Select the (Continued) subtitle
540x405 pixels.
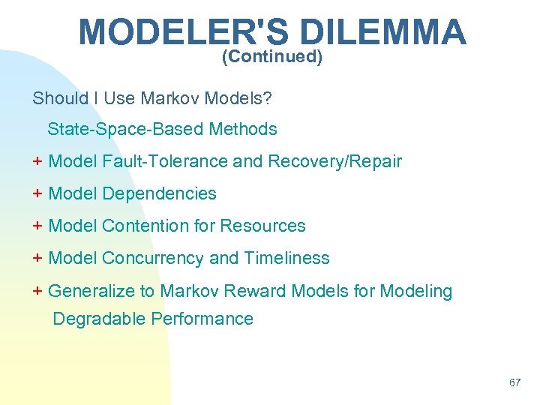point(272,57)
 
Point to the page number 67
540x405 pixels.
point(514,382)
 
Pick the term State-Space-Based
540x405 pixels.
point(126,129)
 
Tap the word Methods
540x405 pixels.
point(243,129)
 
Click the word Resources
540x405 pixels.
point(262,226)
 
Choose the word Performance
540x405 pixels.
point(202,319)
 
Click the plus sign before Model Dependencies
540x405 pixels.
point(37,193)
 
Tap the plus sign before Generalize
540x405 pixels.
point(37,291)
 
